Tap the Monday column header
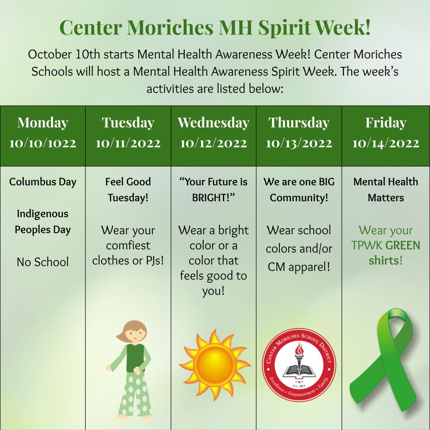point(43,123)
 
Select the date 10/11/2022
point(128,143)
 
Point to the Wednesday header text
point(213,123)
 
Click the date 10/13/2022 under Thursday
point(299,143)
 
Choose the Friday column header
point(385,123)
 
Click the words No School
point(43,262)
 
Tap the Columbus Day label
point(43,182)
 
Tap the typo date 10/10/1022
point(43,143)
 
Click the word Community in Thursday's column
point(299,198)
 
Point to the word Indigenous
point(43,214)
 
